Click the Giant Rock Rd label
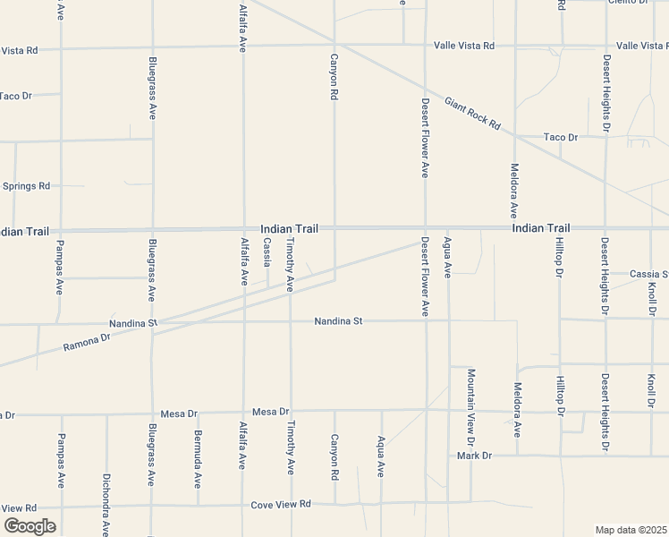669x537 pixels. point(471,114)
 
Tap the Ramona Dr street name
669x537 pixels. point(86,341)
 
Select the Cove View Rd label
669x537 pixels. point(280,504)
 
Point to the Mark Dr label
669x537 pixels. point(474,456)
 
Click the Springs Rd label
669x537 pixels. point(26,186)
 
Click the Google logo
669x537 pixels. point(30,526)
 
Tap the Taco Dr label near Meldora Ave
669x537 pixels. point(561,137)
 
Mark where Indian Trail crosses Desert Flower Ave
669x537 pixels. point(425,229)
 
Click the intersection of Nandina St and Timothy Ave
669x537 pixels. point(290,321)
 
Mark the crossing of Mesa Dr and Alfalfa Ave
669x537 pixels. point(243,413)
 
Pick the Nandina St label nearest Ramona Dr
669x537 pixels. point(133,322)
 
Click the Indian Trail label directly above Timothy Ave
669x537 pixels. point(289,229)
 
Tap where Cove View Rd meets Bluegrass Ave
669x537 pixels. point(151,507)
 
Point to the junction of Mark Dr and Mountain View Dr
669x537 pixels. point(471,455)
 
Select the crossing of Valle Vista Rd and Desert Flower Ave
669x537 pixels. point(425,44)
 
